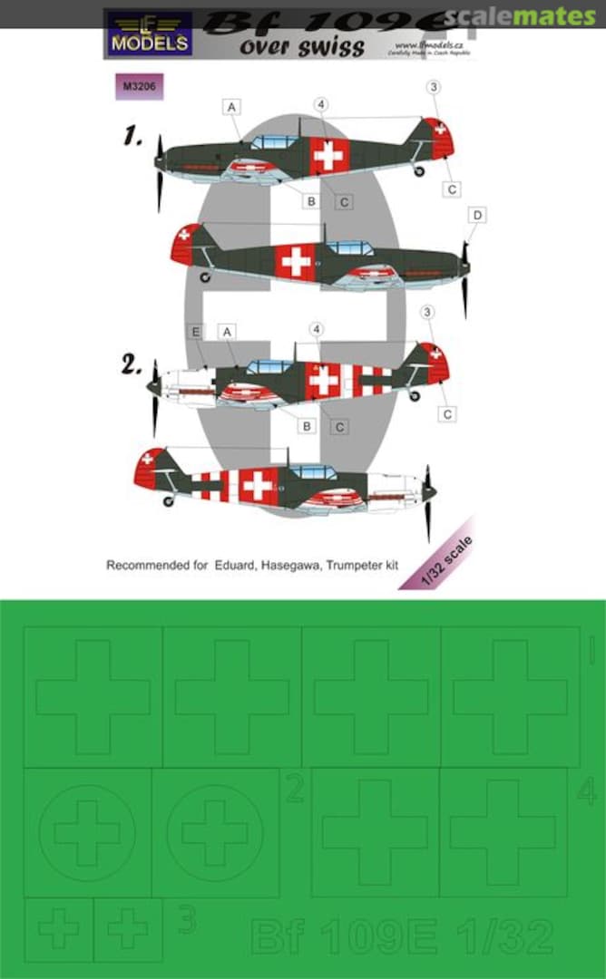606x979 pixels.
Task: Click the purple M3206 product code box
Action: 132,87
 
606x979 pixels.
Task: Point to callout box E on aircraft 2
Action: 194,333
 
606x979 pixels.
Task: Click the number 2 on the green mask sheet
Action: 294,790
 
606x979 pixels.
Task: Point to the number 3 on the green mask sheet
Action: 186,922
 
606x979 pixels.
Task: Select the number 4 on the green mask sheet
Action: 586,791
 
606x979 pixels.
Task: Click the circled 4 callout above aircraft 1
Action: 321,103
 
